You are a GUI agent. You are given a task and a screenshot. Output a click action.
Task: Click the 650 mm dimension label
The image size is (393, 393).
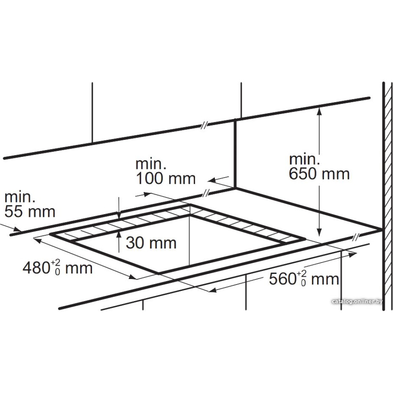pyautogui.click(x=319, y=173)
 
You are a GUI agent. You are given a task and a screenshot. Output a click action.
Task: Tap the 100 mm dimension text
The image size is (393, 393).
pyautogui.click(x=165, y=178)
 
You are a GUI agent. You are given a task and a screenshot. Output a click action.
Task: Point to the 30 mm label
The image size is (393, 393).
pyautogui.click(x=151, y=242)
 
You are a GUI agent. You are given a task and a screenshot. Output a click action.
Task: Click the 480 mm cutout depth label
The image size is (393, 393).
pyautogui.click(x=57, y=268)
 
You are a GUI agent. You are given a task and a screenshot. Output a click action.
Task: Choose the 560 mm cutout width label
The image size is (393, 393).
pyautogui.click(x=304, y=279)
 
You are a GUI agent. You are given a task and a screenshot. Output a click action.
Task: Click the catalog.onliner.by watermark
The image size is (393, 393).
pyautogui.click(x=357, y=301)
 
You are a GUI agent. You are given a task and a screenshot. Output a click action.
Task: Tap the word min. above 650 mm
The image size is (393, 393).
pyautogui.click(x=304, y=159)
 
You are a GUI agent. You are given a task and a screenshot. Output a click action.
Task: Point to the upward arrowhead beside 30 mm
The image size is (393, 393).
pyautogui.click(x=119, y=234)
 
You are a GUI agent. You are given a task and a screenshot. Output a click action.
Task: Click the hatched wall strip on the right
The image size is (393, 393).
pyautogui.click(x=387, y=196)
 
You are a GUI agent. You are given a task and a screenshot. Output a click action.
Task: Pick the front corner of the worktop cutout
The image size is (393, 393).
pyautogui.click(x=158, y=273)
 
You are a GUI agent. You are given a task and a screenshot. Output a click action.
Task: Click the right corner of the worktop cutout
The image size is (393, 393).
pyautogui.click(x=305, y=239)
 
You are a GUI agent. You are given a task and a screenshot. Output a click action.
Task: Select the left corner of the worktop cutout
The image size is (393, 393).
pyautogui.click(x=50, y=234)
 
